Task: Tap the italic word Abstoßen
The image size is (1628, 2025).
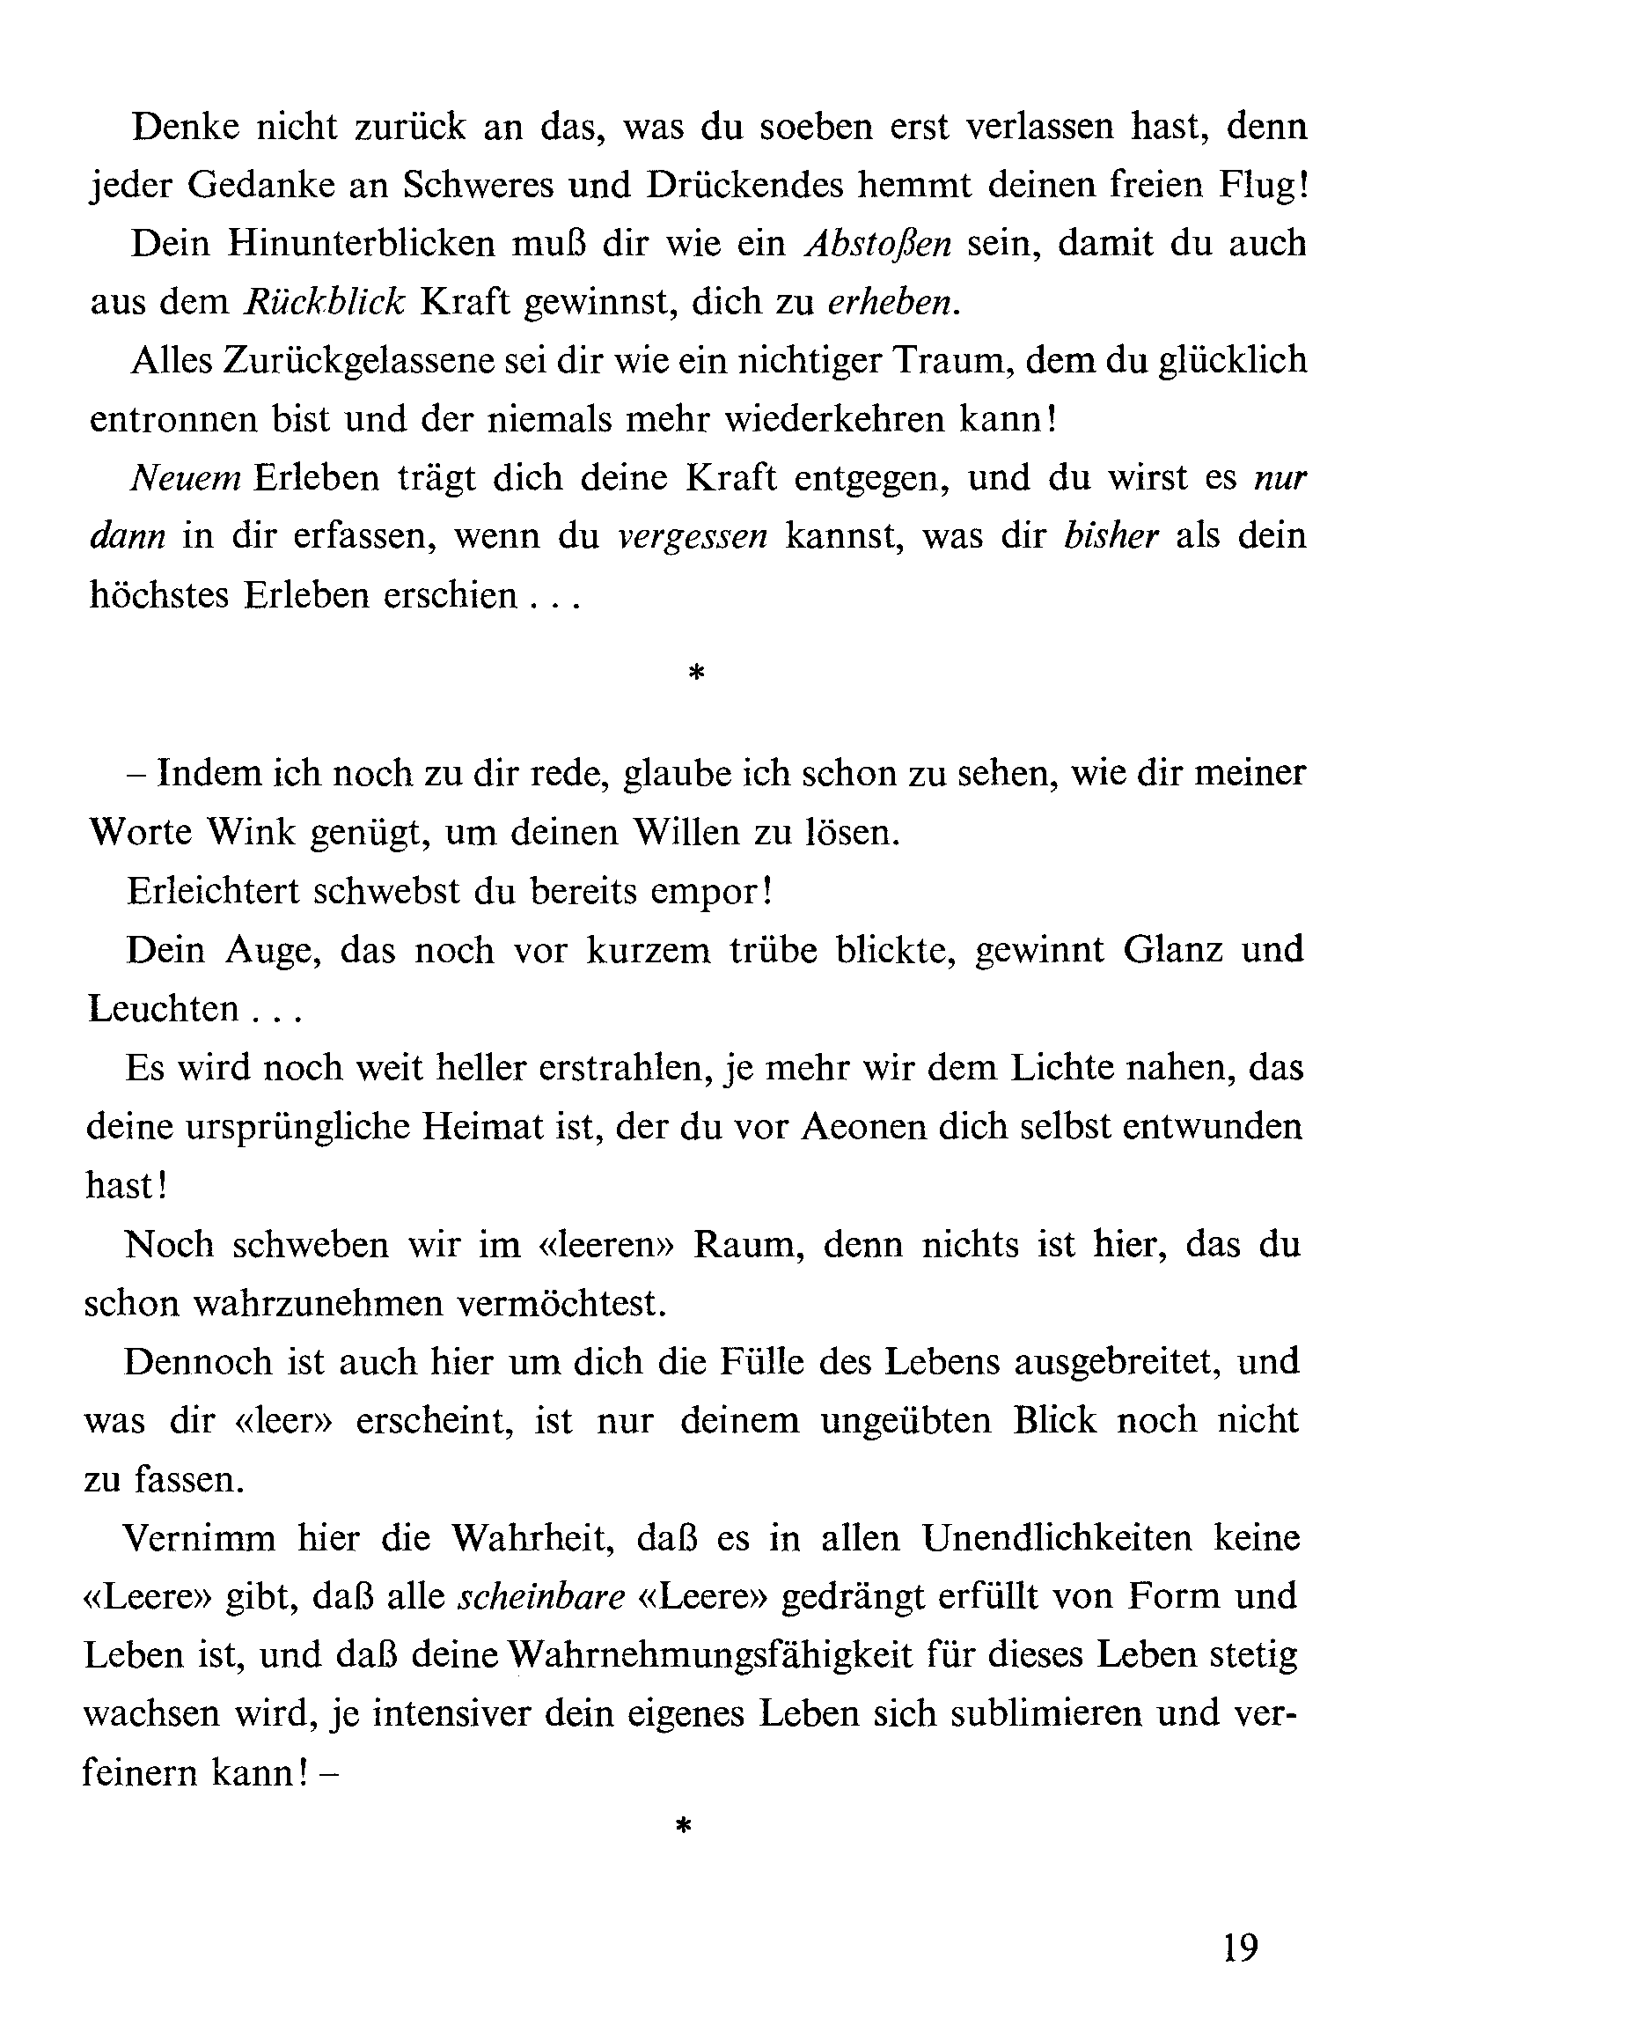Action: coord(879,243)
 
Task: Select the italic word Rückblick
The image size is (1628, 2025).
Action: coord(324,301)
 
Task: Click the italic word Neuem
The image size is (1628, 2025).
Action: coord(186,478)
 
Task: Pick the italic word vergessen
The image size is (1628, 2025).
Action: coord(693,536)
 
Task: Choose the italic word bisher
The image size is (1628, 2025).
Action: coord(1111,536)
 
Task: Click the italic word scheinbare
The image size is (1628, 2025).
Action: coord(541,1595)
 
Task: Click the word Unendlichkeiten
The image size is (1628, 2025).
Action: coord(1058,1537)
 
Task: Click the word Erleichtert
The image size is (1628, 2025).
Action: coord(212,890)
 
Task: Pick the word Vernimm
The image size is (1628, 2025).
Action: coord(199,1537)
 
